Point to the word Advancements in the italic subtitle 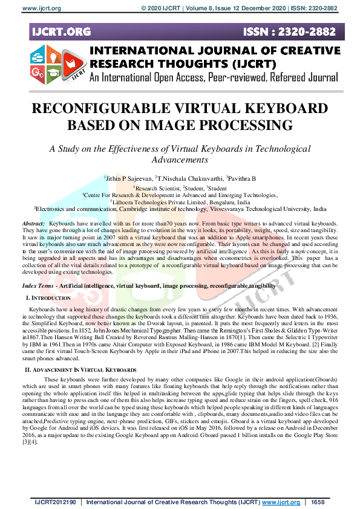tap(180, 160)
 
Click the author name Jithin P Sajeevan tap(128, 179)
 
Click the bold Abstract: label tap(34, 224)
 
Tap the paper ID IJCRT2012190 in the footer tap(54, 502)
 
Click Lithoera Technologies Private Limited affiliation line tap(180, 202)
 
